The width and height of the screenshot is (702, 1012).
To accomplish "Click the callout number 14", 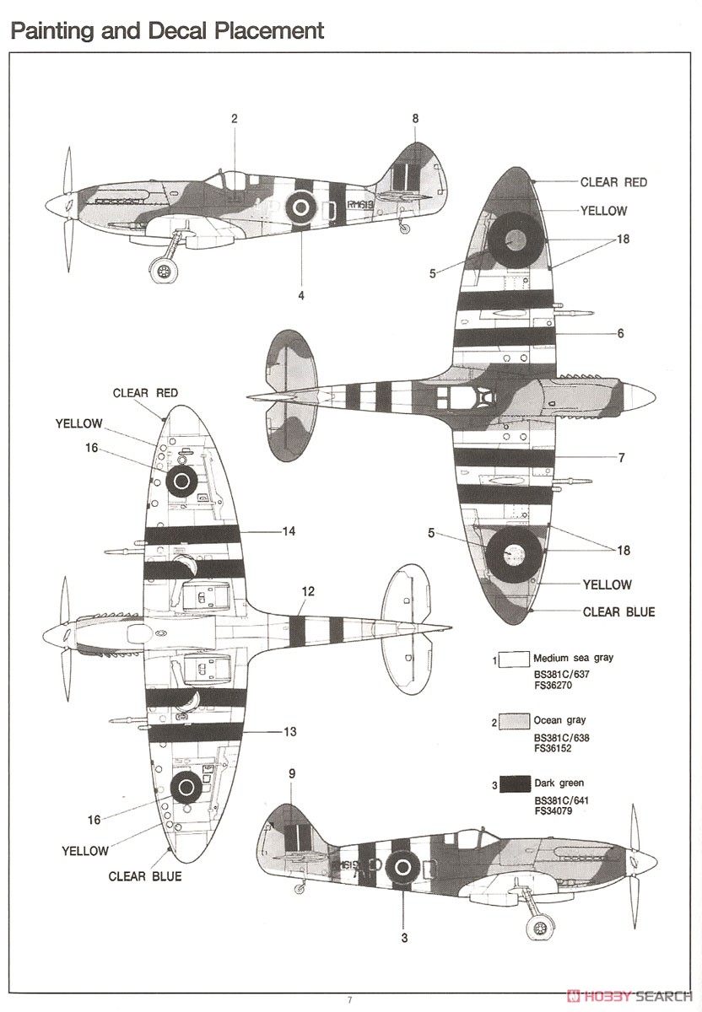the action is (289, 531).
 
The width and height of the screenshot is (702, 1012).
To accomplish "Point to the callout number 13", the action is (289, 731).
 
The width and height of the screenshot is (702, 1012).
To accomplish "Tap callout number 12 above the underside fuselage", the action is (308, 591).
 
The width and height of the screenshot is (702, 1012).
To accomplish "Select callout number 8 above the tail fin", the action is (415, 118).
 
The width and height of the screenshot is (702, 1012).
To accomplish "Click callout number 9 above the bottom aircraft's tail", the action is (292, 773).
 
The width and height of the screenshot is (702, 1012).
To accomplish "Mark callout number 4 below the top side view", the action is (301, 295).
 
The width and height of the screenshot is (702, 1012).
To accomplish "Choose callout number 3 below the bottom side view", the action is (404, 939).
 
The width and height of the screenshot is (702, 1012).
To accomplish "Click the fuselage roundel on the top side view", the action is (300, 207).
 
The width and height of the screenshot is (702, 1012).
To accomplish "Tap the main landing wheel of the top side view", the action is (163, 271).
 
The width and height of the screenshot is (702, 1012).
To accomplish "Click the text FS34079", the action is (553, 811).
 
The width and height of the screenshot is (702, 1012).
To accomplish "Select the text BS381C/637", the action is (562, 675).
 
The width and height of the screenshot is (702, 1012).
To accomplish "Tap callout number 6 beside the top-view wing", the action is (621, 333).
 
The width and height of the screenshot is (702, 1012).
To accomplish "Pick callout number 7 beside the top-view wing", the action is (622, 458).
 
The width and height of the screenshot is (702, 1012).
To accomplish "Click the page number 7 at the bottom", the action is (349, 1000).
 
